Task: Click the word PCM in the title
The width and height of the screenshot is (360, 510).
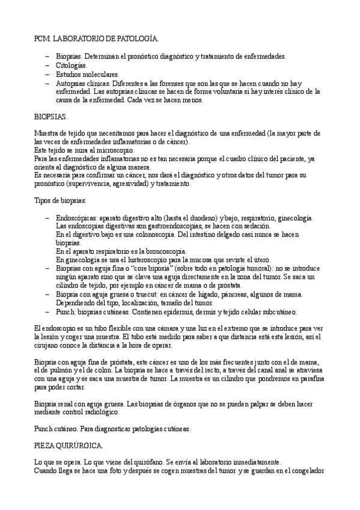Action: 43,38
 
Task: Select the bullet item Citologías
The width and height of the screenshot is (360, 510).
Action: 71,65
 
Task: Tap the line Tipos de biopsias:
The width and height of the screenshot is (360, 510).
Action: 61,200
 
